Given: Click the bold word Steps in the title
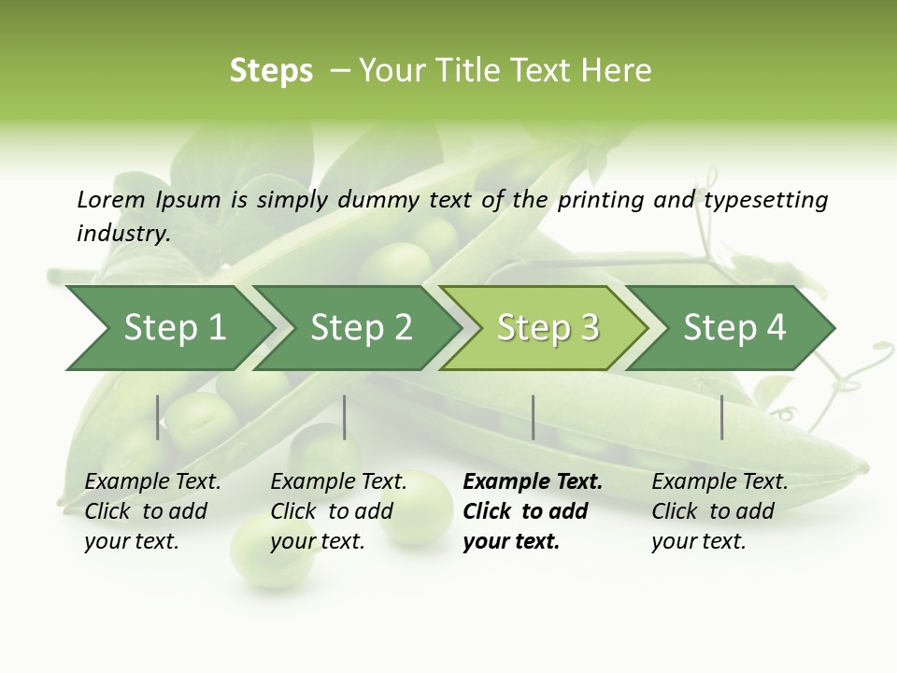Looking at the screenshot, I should point(271,71).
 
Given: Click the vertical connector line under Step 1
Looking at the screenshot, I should point(158,417).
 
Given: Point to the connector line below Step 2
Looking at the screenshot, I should point(345,417).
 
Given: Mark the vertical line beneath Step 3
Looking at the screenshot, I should point(534,417).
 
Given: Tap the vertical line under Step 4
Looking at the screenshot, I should point(722,417).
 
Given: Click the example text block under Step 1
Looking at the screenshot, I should point(151,511).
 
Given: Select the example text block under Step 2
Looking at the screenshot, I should point(337,511).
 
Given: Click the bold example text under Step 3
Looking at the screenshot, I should point(532,511).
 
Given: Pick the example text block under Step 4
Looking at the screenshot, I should point(719,511).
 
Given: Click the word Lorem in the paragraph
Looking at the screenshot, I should point(110,200).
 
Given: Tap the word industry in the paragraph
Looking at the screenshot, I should point(122,234).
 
